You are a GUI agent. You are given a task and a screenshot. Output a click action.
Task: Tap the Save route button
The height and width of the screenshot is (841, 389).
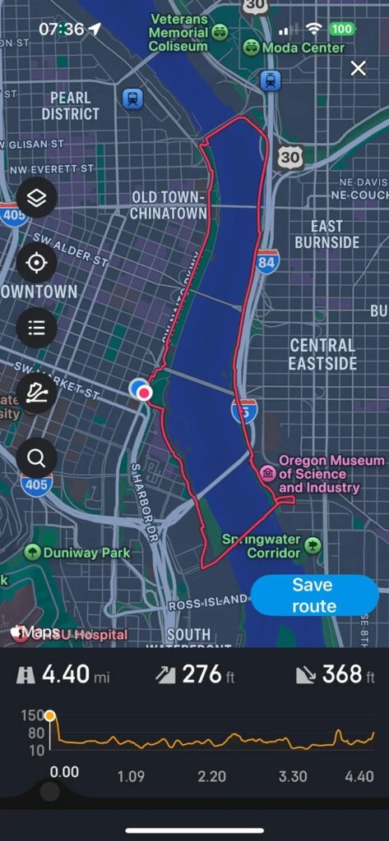pyautogui.click(x=313, y=595)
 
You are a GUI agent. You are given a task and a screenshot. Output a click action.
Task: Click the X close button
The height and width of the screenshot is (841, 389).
pyautogui.click(x=359, y=68)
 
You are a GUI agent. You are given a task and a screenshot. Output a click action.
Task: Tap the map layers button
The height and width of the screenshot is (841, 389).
pyautogui.click(x=37, y=198)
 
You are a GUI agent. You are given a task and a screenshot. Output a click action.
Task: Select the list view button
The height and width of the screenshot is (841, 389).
pyautogui.click(x=37, y=328)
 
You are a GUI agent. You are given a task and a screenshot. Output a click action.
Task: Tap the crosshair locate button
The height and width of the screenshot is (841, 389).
pyautogui.click(x=37, y=263)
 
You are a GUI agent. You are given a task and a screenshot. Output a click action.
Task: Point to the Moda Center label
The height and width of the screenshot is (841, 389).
pyautogui.click(x=303, y=48)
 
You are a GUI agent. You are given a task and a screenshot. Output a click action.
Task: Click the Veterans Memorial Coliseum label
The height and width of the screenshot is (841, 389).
pyautogui.click(x=179, y=33)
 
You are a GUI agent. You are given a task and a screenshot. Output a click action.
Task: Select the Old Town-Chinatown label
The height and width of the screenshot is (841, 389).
pyautogui.click(x=168, y=205)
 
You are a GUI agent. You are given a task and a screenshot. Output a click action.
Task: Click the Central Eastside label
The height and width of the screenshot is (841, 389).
pyautogui.click(x=323, y=354)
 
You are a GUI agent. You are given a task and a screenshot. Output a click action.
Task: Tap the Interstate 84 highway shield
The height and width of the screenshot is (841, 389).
pyautogui.click(x=266, y=262)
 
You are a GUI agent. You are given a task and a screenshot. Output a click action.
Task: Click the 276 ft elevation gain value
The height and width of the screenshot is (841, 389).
pyautogui.click(x=199, y=674)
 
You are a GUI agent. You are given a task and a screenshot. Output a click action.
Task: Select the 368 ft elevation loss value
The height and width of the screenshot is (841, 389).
pyautogui.click(x=340, y=674)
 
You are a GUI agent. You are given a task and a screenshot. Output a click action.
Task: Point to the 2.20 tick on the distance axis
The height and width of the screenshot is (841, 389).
pyautogui.click(x=212, y=776)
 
